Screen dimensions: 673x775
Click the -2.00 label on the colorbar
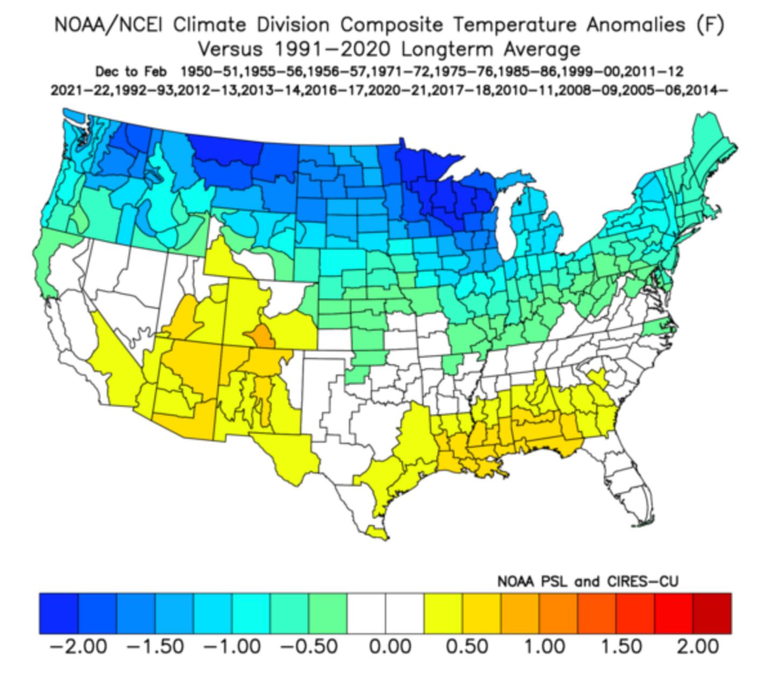click(78, 646)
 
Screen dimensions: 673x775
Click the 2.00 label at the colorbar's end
click(697, 646)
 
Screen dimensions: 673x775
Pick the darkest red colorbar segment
click(711, 613)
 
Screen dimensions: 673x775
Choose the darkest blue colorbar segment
click(58, 613)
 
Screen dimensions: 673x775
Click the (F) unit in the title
click(709, 25)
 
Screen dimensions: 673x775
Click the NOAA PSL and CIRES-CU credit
click(588, 582)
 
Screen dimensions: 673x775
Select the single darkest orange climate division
click(260, 336)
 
